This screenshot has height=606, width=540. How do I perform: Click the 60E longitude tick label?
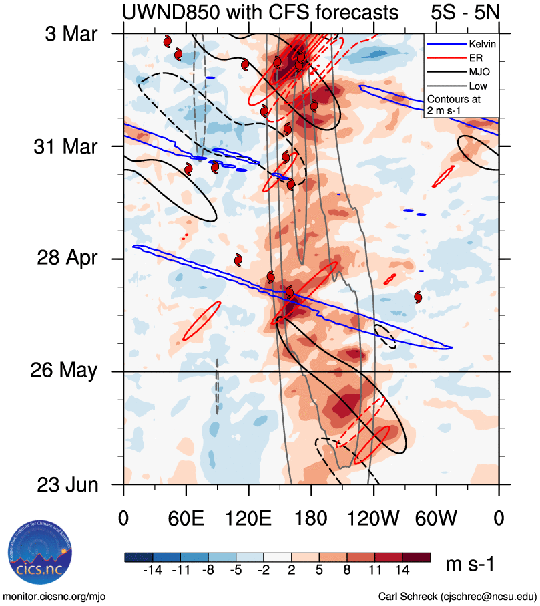coord(186,518)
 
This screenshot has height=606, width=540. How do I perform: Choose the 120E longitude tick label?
coord(248,518)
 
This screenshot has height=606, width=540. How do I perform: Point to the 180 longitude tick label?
coord(311,518)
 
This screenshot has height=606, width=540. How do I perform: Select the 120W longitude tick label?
coord(374,518)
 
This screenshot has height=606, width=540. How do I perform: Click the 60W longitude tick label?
coord(436,518)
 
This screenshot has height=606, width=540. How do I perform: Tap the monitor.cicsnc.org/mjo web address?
coord(55,596)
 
